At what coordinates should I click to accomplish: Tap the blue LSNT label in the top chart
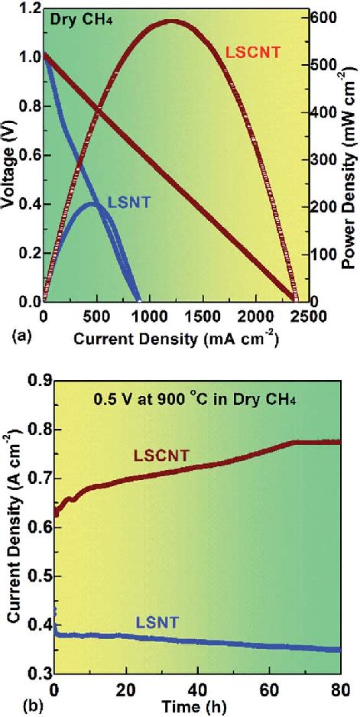[128, 202]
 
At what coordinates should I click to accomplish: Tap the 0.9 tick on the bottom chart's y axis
[39, 381]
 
